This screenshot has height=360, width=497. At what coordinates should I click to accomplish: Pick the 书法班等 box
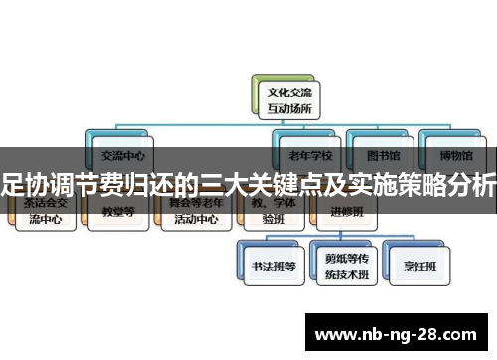coord(267,266)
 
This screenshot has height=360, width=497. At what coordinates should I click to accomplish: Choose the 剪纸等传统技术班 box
coord(342,266)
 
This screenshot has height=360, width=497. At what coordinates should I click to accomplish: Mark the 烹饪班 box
coord(415,266)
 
